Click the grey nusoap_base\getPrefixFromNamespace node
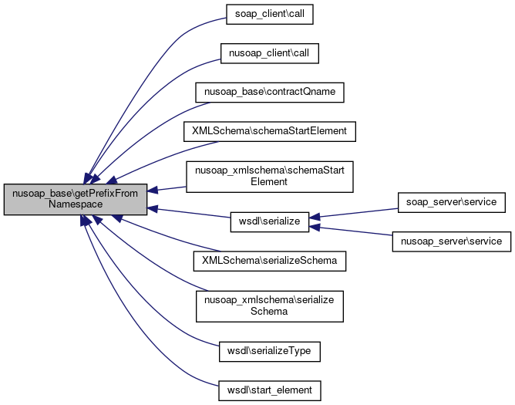76,199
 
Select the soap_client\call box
269,15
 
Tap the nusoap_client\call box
269,53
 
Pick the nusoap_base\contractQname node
269,92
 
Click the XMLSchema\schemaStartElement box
269,131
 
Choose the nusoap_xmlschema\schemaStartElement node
269,176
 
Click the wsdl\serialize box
269,221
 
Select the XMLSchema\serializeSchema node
269,261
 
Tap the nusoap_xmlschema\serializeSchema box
269,305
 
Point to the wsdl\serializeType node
269,351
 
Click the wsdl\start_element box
269,390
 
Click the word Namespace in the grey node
76,205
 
